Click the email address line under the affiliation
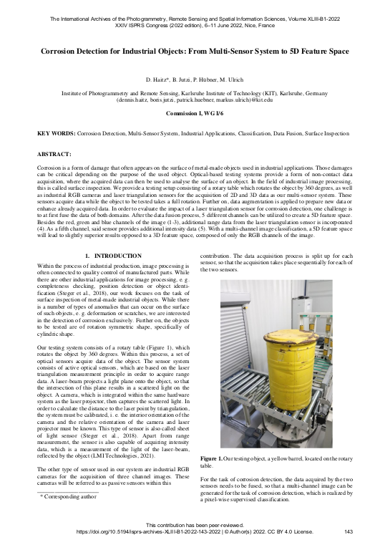pyautogui.click(x=195, y=101)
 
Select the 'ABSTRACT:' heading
pyautogui.click(x=54, y=154)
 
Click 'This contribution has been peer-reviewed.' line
pyautogui.click(x=195, y=524)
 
